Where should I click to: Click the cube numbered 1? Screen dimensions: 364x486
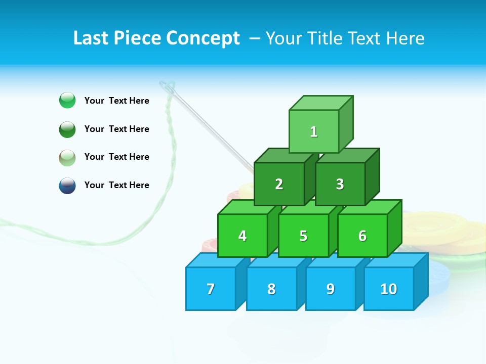[314, 131]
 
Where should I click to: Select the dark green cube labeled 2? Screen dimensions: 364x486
[279, 184]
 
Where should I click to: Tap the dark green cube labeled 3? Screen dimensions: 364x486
[340, 184]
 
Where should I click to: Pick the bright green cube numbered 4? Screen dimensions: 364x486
[242, 236]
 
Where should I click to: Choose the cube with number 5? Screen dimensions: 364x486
[303, 236]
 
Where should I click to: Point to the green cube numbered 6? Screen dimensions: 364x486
[362, 236]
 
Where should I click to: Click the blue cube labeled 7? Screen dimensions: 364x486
[211, 289]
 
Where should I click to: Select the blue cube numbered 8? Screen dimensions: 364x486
[271, 289]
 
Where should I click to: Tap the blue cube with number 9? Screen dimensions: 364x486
[331, 289]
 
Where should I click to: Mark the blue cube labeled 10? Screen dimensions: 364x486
[389, 289]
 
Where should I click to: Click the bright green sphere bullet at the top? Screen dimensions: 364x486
[67, 100]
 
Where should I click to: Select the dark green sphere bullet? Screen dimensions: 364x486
[67, 129]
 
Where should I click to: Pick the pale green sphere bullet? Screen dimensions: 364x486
[67, 157]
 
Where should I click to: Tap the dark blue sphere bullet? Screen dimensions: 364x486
[67, 185]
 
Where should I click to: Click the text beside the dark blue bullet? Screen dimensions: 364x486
[116, 185]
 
